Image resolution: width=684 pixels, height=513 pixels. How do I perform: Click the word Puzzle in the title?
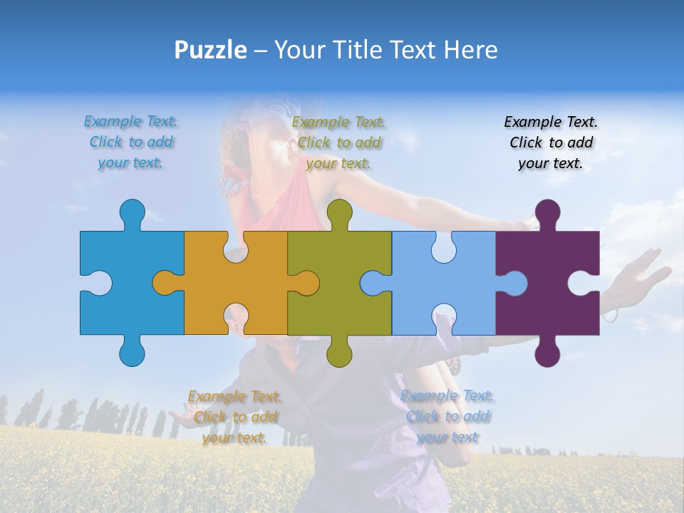pos(211,51)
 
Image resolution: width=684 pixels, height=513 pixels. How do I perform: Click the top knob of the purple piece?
pos(547,213)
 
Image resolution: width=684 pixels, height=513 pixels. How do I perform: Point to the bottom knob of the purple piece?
pos(547,352)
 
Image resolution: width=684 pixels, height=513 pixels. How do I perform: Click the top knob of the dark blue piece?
pos(132,213)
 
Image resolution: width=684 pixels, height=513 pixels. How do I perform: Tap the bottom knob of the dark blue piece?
pos(132,352)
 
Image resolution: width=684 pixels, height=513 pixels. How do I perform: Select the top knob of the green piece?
pos(339,213)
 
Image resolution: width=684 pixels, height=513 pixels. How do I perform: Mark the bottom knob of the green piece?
pos(339,352)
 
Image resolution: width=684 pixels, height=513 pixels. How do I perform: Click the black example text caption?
pos(551,142)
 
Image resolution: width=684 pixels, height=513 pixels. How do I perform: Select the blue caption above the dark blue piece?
pos(131,142)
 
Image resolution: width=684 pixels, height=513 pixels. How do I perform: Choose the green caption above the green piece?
pos(339,142)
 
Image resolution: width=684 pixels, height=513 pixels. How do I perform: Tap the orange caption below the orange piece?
pos(235,417)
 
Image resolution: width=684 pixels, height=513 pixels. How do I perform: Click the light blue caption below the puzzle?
pos(447,417)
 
